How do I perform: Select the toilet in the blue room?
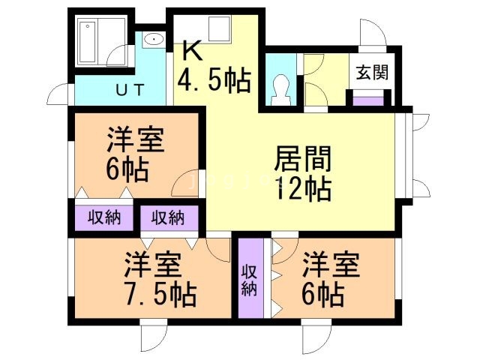280,88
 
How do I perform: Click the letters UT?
129,91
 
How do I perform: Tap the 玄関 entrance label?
371,73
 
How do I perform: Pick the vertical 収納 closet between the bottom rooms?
250,278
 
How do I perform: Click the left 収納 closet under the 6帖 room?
103,218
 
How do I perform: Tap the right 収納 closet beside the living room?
168,218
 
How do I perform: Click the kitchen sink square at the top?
218,30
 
